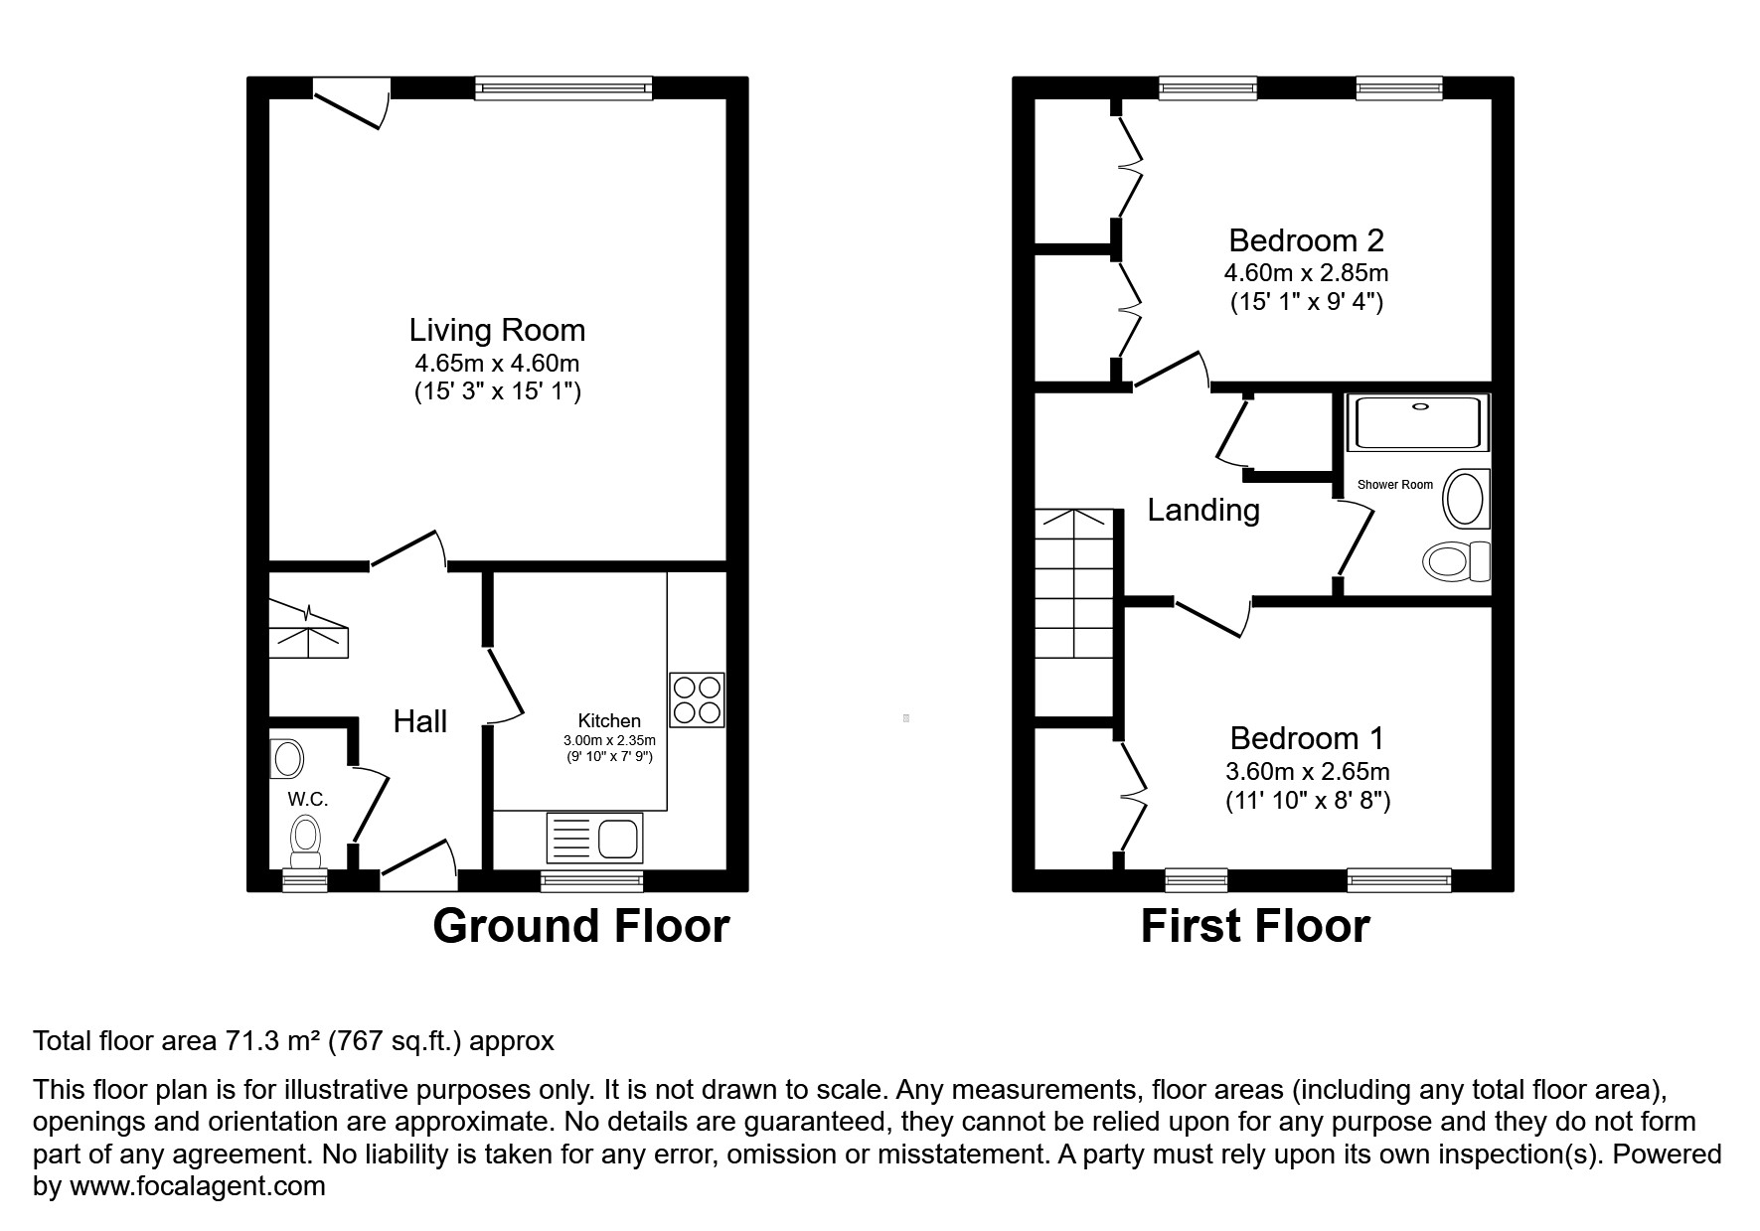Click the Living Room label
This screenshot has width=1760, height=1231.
tap(497, 330)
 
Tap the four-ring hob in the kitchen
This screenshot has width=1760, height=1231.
tap(697, 699)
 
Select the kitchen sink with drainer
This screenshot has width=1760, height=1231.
tap(594, 837)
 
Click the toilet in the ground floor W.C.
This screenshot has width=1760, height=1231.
tap(305, 840)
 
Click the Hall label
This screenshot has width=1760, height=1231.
tap(419, 721)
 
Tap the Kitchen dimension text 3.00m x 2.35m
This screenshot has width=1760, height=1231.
tap(609, 740)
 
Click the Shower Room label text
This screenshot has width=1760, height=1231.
tap(1394, 485)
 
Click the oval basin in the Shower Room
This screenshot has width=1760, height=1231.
tap(1465, 499)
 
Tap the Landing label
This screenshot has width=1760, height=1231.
tap(1202, 510)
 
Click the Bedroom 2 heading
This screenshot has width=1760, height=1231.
tap(1306, 240)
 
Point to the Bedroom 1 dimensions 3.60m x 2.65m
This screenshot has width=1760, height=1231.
tap(1307, 771)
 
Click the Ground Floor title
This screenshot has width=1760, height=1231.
tap(580, 926)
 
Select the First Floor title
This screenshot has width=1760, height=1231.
tap(1254, 926)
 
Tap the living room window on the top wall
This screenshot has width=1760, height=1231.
tap(563, 88)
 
